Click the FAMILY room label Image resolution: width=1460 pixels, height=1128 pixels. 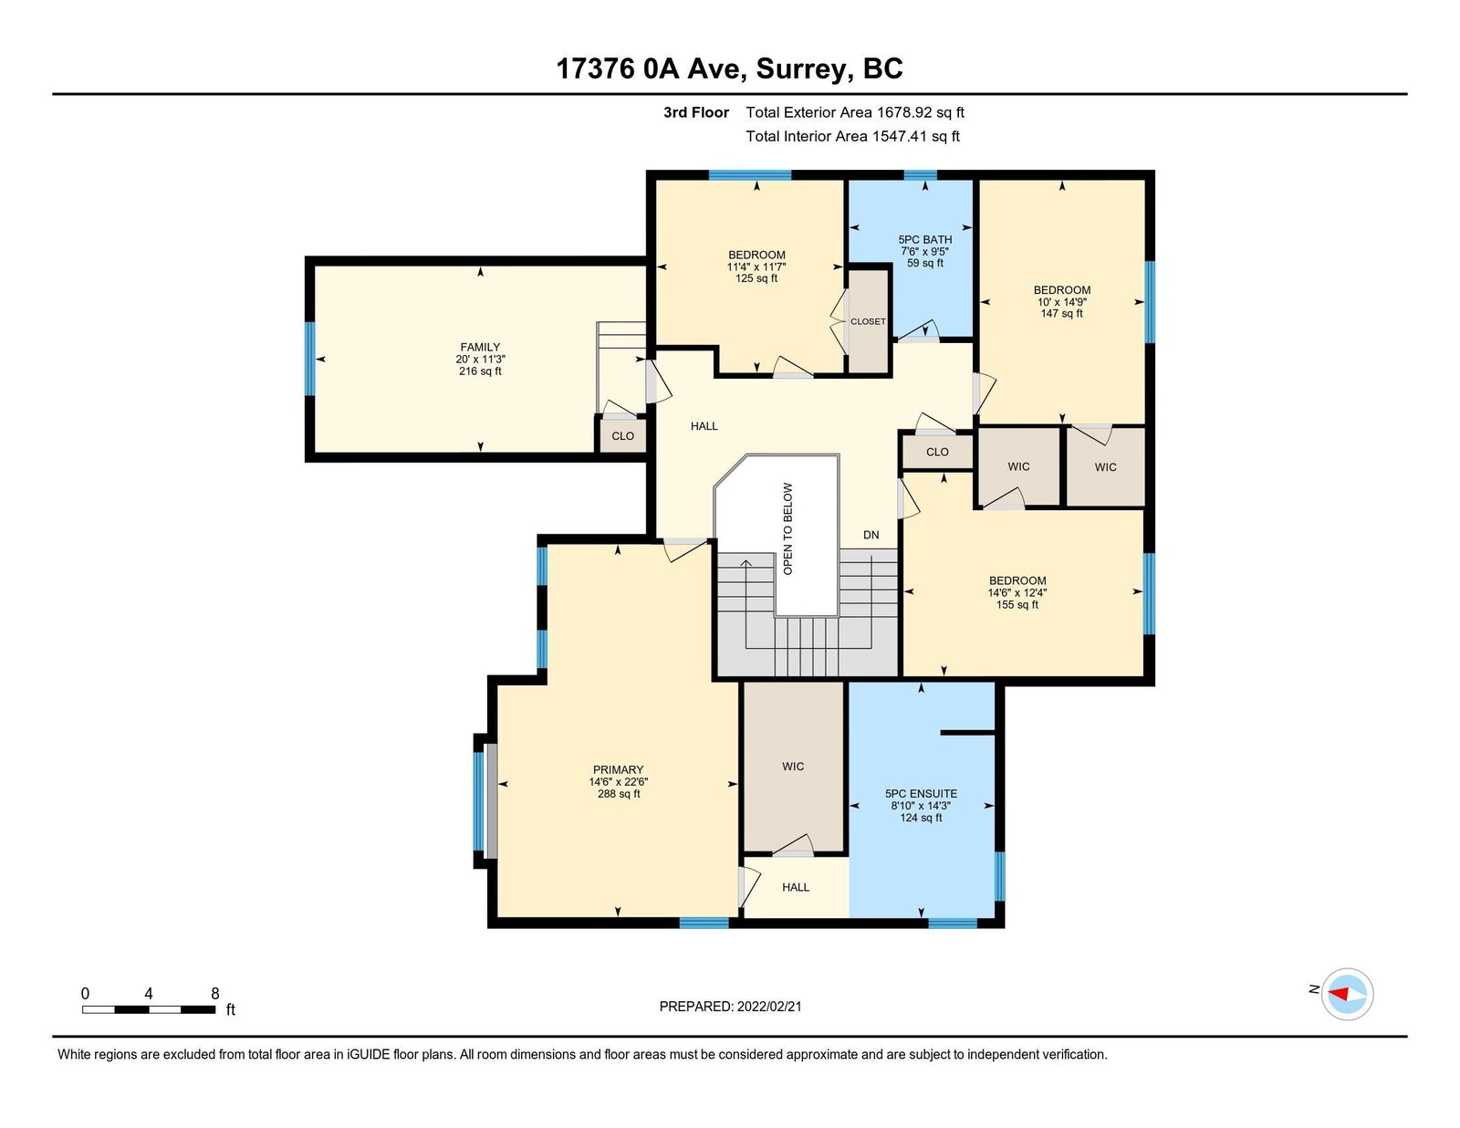pos(480,347)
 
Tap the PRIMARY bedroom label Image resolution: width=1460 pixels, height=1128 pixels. pos(618,769)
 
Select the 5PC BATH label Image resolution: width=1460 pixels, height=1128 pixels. pos(925,239)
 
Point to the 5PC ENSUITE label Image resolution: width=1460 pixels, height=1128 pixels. pos(921,793)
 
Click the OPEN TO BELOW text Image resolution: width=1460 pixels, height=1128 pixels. pos(787,528)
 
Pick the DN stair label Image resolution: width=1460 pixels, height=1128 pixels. pos(871,535)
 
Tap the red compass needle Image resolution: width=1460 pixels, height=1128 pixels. pos(1339,994)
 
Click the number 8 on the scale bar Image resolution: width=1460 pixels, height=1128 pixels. pos(215,994)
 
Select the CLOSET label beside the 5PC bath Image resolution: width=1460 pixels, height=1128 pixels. pos(868,321)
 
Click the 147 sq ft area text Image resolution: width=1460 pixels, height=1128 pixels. pos(1061,313)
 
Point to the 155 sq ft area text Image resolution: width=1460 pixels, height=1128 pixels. pos(1017,605)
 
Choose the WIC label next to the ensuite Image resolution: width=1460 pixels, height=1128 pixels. pos(793,766)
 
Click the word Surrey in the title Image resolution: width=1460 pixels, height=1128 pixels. pos(799,69)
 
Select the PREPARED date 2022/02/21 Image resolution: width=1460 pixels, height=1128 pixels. pos(769,1007)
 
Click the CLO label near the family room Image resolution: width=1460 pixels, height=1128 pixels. pos(623,436)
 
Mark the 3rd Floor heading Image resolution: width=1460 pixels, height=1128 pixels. pos(696,112)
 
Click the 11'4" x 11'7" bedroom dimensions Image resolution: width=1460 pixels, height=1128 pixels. pos(756,266)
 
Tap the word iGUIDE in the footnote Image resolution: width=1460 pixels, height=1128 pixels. pos(368,1055)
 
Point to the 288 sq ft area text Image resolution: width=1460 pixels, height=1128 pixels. pos(619,793)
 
